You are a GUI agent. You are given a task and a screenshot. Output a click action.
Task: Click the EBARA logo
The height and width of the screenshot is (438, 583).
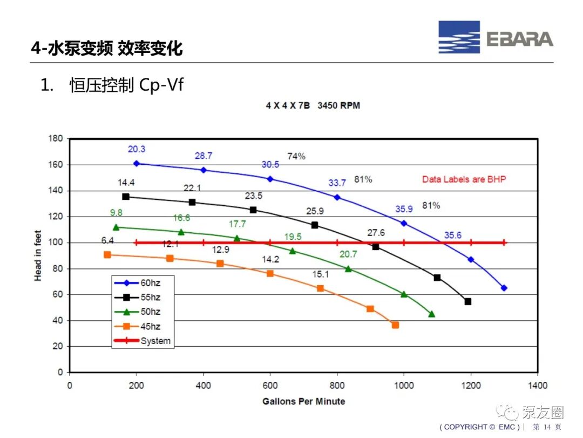(496, 37)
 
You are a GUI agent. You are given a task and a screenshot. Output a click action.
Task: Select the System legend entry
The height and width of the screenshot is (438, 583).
(142, 341)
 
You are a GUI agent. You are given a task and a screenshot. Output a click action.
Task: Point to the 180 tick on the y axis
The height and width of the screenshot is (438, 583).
(56, 138)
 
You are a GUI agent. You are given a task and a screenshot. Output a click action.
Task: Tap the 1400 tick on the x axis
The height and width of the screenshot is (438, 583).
(538, 385)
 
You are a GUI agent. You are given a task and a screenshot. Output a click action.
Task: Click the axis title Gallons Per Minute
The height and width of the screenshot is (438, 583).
(303, 401)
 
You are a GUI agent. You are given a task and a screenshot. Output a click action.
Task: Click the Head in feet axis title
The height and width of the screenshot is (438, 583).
(38, 255)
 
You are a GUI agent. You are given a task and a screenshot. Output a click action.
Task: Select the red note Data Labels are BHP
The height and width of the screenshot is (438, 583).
(464, 179)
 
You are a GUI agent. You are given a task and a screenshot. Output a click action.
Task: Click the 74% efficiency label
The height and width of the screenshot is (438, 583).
(296, 156)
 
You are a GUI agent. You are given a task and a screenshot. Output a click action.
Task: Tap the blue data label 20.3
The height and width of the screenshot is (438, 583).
(137, 149)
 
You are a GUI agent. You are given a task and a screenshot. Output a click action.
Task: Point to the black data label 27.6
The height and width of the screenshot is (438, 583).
(376, 233)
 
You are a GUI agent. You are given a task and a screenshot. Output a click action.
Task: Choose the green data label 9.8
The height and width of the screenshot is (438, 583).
(116, 212)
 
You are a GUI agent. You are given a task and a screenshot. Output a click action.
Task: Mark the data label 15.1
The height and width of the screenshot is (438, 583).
(321, 275)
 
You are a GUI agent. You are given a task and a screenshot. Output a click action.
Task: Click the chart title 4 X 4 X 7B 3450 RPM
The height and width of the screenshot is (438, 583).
(313, 106)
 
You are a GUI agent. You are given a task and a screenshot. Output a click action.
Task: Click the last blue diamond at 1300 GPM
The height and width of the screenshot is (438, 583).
(504, 288)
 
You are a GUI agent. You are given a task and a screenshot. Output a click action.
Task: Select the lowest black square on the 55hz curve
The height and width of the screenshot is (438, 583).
(467, 301)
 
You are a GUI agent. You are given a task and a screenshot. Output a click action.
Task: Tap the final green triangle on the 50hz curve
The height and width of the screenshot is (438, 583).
(432, 314)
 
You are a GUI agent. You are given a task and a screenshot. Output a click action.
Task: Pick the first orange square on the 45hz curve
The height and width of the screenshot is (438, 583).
(107, 255)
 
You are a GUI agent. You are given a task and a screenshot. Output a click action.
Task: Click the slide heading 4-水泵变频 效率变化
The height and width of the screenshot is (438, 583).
(107, 49)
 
